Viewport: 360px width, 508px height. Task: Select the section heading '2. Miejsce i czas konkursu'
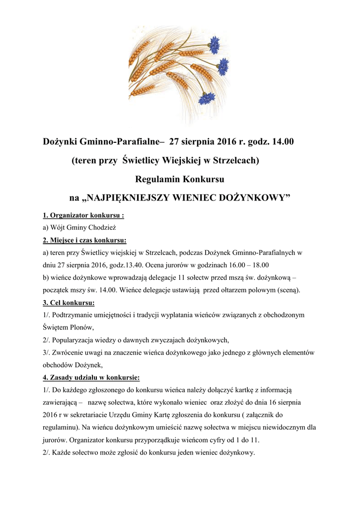coord(84,240)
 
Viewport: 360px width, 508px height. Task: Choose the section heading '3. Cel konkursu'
coord(69,302)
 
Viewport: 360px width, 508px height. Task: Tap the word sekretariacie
coord(106,415)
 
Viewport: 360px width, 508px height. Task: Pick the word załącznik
coord(285,415)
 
